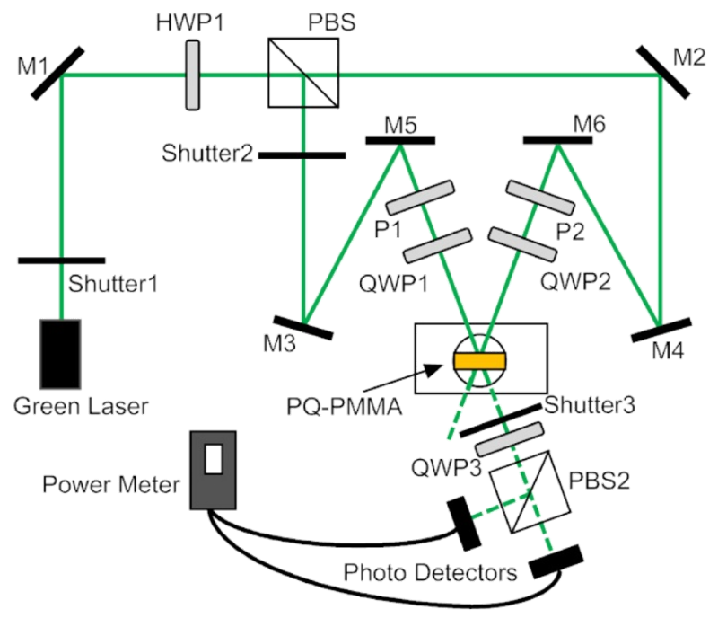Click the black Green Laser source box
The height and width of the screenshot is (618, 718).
[x=61, y=354]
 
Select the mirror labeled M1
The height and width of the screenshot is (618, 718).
[x=57, y=73]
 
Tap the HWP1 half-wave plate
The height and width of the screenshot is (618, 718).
[x=192, y=75]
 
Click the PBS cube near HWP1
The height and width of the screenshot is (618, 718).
[x=303, y=73]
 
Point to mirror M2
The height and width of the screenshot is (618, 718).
[x=662, y=72]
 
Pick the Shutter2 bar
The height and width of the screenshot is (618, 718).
[x=302, y=156]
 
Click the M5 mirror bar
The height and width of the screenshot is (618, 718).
[x=400, y=140]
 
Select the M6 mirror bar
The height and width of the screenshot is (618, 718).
[x=557, y=140]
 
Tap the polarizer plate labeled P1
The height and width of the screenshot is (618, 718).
[x=420, y=198]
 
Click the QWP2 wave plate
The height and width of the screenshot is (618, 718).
[x=522, y=245]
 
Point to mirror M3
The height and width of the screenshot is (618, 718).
[x=303, y=327]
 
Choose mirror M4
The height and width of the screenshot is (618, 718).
[x=661, y=330]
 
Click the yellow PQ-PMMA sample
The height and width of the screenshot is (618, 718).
[x=480, y=361]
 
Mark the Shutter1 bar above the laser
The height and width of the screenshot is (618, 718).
[x=61, y=260]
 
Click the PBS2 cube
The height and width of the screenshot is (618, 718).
[x=530, y=492]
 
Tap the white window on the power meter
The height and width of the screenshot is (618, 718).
[x=214, y=458]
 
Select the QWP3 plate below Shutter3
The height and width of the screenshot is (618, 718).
[x=510, y=439]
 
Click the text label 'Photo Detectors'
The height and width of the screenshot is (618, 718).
[x=430, y=572]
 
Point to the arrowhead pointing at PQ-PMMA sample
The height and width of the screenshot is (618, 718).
[x=434, y=368]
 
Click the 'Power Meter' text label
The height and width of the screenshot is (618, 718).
[x=110, y=484]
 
